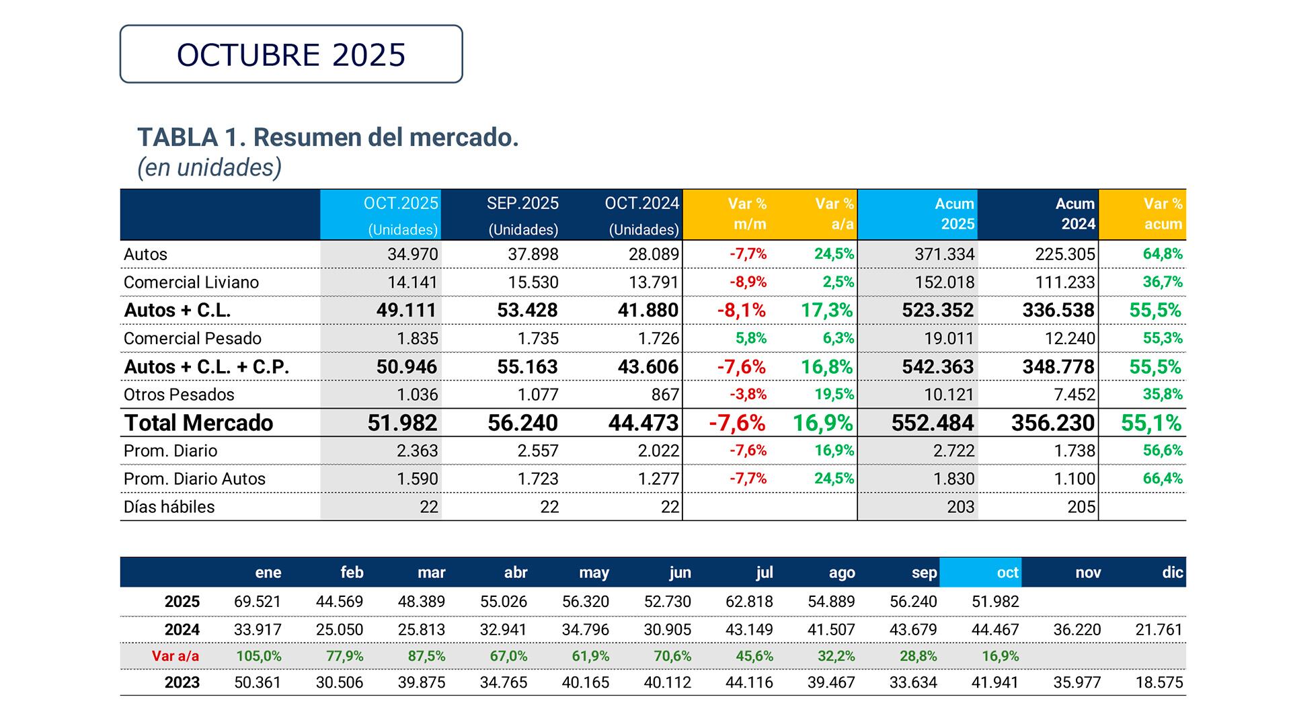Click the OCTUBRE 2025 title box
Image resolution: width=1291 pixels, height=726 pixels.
click(x=291, y=54)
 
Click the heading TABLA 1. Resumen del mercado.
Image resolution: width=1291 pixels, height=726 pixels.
click(x=328, y=137)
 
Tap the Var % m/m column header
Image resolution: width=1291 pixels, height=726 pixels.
click(x=748, y=214)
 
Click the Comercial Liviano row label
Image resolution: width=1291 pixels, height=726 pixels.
click(x=191, y=282)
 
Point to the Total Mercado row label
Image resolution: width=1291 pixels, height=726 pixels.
click(x=198, y=423)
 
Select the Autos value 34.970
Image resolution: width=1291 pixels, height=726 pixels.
click(x=412, y=254)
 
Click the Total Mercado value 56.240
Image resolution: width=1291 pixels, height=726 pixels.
click(x=522, y=423)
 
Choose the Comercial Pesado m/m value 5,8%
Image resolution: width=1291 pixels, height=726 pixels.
click(x=750, y=338)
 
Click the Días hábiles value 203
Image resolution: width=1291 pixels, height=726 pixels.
click(x=960, y=507)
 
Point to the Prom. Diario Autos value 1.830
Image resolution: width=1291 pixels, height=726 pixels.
click(x=953, y=479)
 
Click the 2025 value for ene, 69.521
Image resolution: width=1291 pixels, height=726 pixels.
click(x=258, y=602)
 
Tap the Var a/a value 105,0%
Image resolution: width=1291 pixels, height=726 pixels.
click(x=259, y=656)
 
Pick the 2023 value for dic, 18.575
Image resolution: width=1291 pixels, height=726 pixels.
click(x=1159, y=683)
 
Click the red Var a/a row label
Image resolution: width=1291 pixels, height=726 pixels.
click(x=175, y=656)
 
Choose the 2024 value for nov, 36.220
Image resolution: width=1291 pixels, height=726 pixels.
click(x=1077, y=630)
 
